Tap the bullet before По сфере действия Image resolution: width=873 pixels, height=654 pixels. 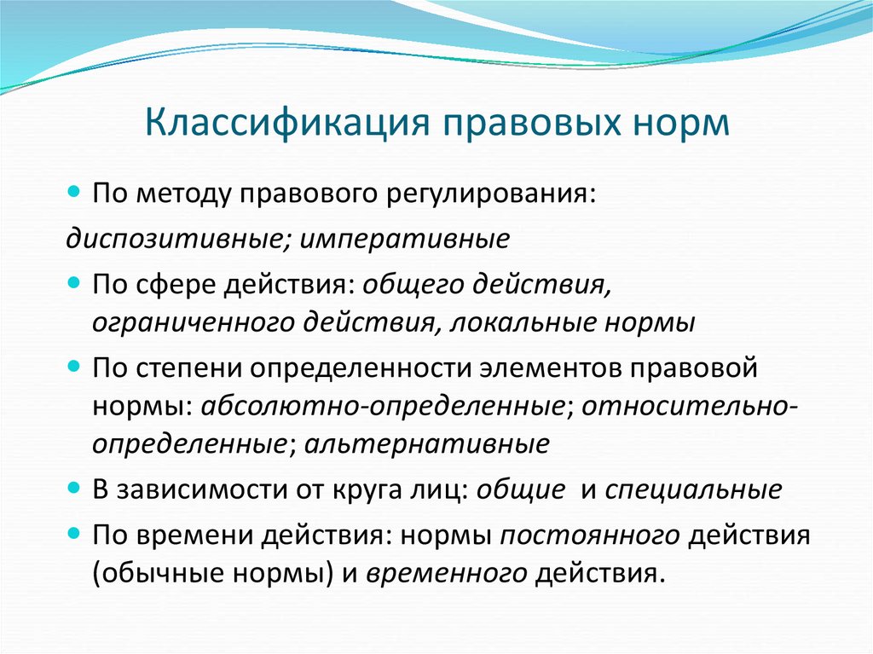[x=74, y=281]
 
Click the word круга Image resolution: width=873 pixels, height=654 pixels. [x=387, y=490]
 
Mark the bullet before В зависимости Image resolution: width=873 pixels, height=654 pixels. [x=74, y=489]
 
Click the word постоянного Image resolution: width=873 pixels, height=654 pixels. [x=590, y=537]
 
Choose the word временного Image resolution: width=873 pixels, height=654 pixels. [x=446, y=573]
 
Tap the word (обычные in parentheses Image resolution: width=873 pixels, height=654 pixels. [x=150, y=573]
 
